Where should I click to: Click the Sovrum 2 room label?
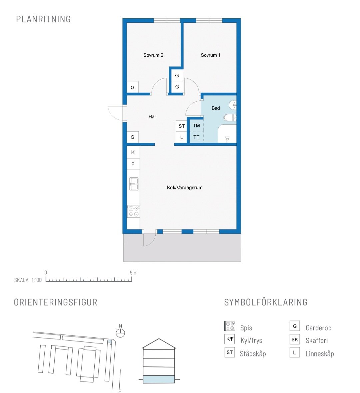click(x=153, y=55)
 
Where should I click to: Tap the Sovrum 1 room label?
click(x=210, y=55)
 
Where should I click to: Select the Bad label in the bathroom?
click(x=216, y=108)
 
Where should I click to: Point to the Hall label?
click(x=152, y=117)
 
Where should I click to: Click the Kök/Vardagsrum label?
click(x=185, y=187)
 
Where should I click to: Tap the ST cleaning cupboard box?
click(x=182, y=126)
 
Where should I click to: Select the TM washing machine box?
click(x=196, y=126)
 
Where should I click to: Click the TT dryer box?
click(x=196, y=137)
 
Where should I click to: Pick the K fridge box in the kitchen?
click(x=133, y=152)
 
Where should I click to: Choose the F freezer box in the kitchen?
click(x=133, y=164)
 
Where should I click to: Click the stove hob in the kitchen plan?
click(x=133, y=211)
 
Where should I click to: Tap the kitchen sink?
click(x=134, y=184)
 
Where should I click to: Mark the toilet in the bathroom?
click(x=230, y=117)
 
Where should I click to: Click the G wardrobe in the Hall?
click(x=133, y=137)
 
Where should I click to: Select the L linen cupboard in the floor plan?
click(x=182, y=137)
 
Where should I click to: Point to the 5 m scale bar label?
click(x=134, y=273)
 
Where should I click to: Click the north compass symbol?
click(x=120, y=333)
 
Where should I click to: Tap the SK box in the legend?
click(x=295, y=339)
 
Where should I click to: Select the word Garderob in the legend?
click(x=318, y=328)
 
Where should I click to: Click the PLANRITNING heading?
click(x=43, y=19)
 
